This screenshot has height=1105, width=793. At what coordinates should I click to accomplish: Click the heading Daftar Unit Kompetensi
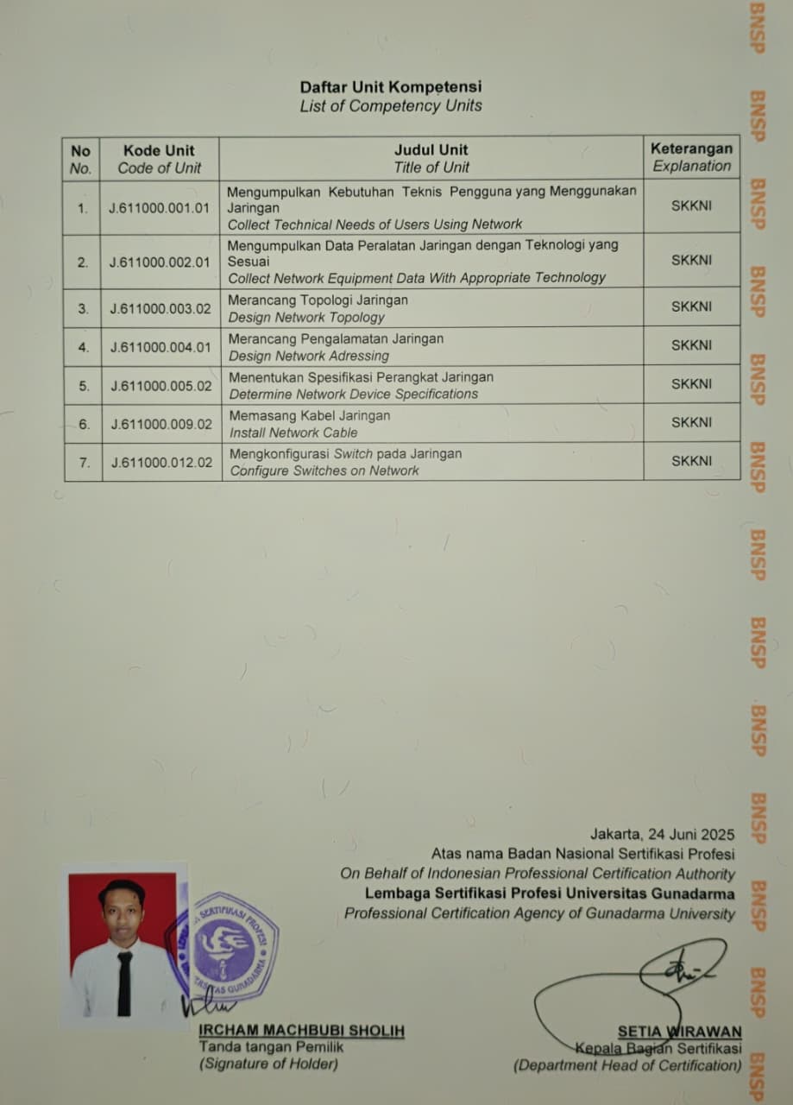pyautogui.click(x=390, y=86)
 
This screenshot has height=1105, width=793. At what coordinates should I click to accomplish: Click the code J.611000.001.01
pyautogui.click(x=160, y=208)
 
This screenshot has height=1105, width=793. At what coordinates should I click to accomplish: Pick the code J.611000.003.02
pyautogui.click(x=160, y=308)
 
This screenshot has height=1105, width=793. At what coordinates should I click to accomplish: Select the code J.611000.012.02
pyautogui.click(x=160, y=462)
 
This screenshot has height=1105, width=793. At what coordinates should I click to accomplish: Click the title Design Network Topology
pyautogui.click(x=306, y=317)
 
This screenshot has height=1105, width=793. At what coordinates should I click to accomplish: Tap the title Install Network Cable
pyautogui.click(x=293, y=433)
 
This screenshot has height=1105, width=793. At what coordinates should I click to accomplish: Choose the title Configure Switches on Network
pyautogui.click(x=324, y=470)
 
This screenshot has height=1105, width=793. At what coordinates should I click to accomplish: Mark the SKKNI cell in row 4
pyautogui.click(x=691, y=345)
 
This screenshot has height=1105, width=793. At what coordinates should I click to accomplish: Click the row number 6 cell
pyautogui.click(x=84, y=424)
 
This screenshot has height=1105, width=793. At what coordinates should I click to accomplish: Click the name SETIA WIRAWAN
pyautogui.click(x=679, y=1031)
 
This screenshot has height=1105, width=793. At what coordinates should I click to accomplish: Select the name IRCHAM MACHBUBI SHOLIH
pyautogui.click(x=301, y=1031)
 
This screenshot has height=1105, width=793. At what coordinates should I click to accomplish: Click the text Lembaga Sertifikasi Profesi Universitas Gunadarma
pyautogui.click(x=550, y=893)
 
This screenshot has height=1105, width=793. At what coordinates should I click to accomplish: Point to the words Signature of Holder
pyautogui.click(x=268, y=1064)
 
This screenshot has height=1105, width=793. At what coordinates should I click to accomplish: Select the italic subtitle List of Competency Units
pyautogui.click(x=390, y=106)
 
